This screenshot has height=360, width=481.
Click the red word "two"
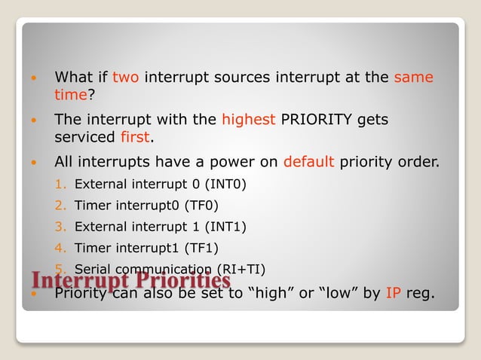tap(125, 77)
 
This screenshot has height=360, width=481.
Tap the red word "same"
tap(413, 77)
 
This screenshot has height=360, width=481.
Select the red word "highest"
tap(248, 120)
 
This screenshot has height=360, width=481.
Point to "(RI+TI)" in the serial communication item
tap(240, 269)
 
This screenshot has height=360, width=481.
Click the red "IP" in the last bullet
tap(393, 293)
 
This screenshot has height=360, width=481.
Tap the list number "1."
tap(62, 183)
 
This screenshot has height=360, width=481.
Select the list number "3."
tap(62, 226)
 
